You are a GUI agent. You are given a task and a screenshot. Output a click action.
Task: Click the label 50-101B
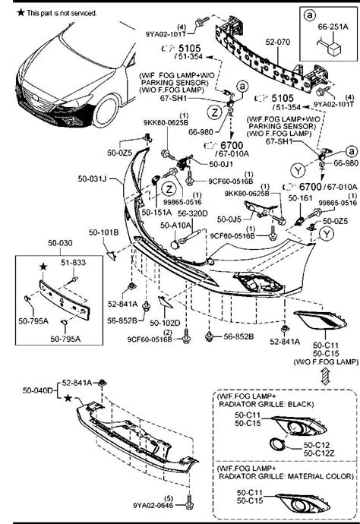pos(103,232)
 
